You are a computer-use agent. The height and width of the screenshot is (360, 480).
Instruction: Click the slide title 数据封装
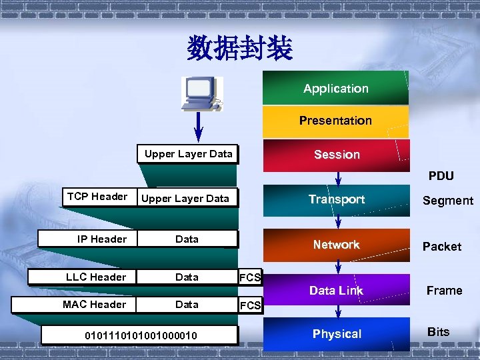coord(239,48)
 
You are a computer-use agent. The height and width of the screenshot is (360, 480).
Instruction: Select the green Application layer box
coord(335,88)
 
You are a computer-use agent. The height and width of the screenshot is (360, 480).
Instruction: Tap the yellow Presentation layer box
coord(335,121)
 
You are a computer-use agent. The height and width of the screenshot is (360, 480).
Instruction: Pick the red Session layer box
coord(337,155)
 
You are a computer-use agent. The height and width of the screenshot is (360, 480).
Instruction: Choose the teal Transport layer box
coord(336,199)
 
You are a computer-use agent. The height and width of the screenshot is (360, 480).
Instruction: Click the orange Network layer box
coord(336,245)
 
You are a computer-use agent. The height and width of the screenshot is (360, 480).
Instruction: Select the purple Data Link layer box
coord(336,291)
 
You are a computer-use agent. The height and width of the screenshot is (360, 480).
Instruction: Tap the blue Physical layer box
coord(337,334)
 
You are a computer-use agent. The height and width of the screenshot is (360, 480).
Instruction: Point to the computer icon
coord(201,93)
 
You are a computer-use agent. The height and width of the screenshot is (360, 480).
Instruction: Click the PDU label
coord(441,176)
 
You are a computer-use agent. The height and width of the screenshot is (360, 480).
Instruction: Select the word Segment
coord(447,201)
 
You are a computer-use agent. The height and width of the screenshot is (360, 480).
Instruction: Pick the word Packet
coord(441,247)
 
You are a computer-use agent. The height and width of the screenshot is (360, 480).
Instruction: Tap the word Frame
coord(444,291)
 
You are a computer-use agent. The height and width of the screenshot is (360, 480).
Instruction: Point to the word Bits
coord(438,332)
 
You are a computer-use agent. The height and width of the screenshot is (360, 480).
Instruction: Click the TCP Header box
coord(97,197)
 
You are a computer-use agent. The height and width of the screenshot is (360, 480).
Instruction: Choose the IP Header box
coord(101,239)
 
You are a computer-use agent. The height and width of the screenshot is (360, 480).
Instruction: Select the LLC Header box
coord(95,277)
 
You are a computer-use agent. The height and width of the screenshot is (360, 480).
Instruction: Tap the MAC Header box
coord(94,305)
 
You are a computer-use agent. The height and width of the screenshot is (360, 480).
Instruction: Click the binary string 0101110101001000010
coord(140,335)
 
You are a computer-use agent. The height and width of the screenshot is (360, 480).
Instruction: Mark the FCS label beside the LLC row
coord(249,278)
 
